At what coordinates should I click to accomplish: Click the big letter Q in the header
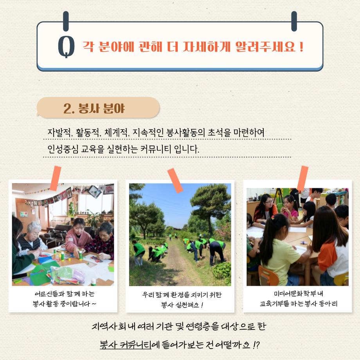point(66,47)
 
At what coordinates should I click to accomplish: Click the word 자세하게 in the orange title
point(206,47)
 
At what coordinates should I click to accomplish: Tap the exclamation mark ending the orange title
point(301,47)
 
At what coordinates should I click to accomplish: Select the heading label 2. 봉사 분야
point(94,108)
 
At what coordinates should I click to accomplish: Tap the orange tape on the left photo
point(56,178)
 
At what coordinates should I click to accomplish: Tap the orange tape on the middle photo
point(175,180)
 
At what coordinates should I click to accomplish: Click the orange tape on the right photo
point(302,178)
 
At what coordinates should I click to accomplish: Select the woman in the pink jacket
point(77,236)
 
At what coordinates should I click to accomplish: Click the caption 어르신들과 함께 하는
point(65,293)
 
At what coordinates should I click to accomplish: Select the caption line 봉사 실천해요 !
point(182,305)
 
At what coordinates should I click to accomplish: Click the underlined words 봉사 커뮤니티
point(126,345)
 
